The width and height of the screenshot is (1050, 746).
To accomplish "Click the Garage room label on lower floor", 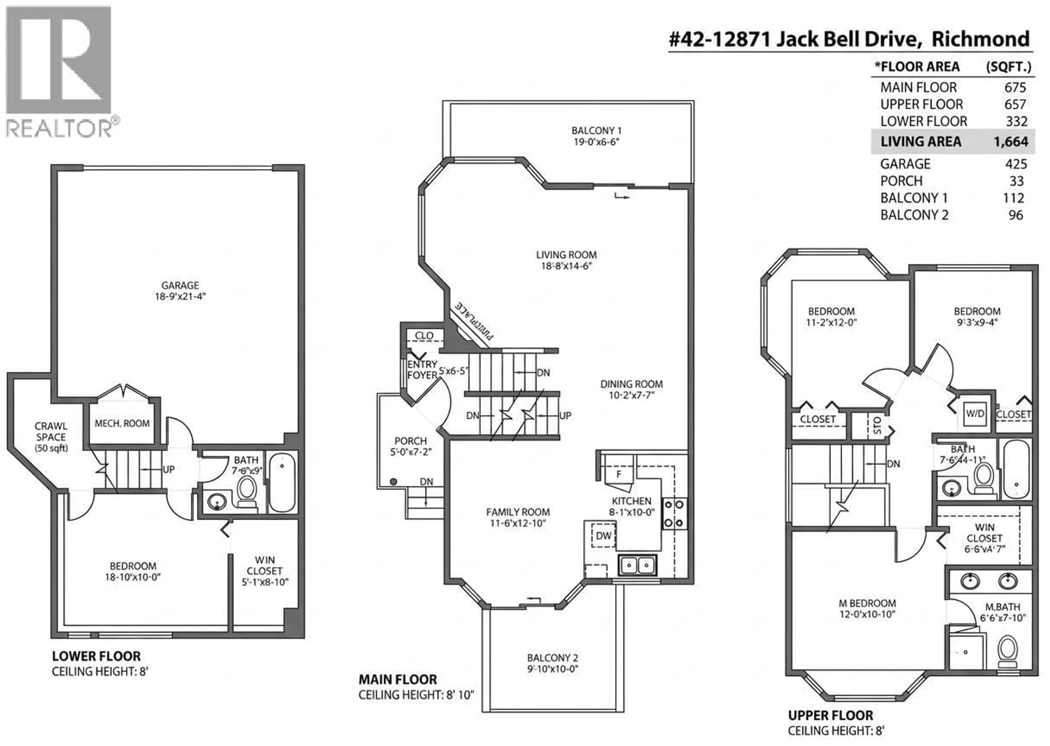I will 180,285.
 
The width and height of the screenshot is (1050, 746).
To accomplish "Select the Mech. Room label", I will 122,423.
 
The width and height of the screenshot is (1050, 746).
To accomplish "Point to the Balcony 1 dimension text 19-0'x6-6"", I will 596,142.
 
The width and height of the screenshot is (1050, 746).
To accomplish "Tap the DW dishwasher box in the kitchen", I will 603,535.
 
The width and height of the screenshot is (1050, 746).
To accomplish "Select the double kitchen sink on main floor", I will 637,565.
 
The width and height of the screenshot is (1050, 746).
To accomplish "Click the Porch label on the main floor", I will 410,441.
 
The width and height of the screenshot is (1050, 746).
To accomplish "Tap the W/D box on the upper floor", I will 975,413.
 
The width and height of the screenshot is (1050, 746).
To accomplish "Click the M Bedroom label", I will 867,603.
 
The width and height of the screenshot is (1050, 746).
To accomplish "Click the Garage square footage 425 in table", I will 1016,164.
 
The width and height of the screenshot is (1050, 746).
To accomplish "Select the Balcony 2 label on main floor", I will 552,658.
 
